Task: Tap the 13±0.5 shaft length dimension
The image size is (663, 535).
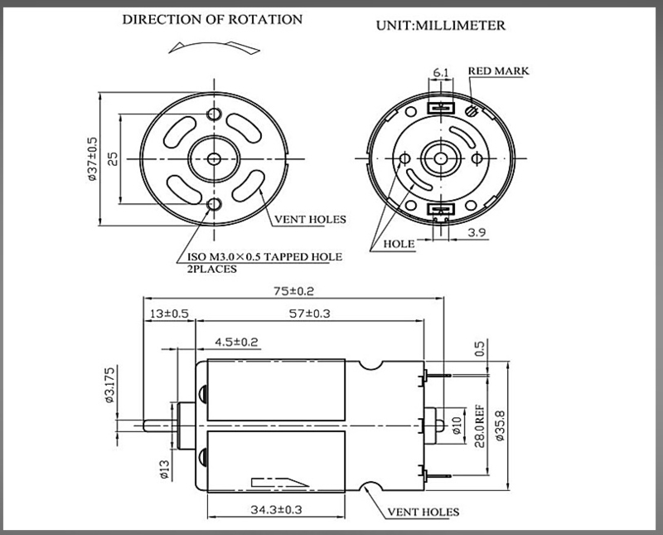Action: (x=169, y=314)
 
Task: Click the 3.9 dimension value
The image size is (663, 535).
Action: (x=477, y=233)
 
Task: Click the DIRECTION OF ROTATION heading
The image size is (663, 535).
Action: (x=212, y=18)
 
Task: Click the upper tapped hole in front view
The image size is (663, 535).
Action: (x=215, y=113)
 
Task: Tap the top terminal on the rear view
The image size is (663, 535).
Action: (x=440, y=105)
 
